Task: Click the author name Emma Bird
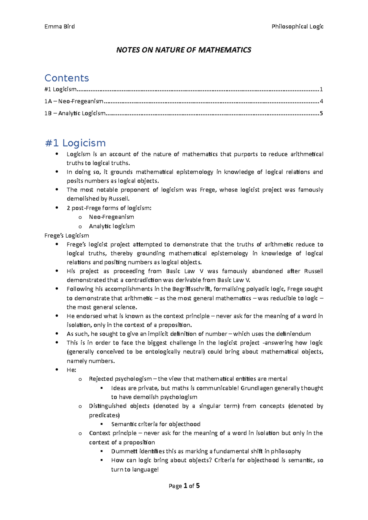coord(59,27)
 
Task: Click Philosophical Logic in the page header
coord(297,27)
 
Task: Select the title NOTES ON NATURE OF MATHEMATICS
coord(184,50)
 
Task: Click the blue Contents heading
coord(67,78)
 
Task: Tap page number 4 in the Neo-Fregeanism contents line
coord(321,101)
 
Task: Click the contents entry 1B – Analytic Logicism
coord(75,113)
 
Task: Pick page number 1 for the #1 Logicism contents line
coord(321,89)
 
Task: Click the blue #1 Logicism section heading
coord(75,143)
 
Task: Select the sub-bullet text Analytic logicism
coord(112,226)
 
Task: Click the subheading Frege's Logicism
coord(67,236)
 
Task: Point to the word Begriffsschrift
coord(191,289)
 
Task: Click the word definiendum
coord(293,334)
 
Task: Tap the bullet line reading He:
coord(71,370)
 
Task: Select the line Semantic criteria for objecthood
coord(155,424)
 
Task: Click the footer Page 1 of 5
coord(184,486)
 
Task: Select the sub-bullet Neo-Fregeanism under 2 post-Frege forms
coord(111,217)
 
